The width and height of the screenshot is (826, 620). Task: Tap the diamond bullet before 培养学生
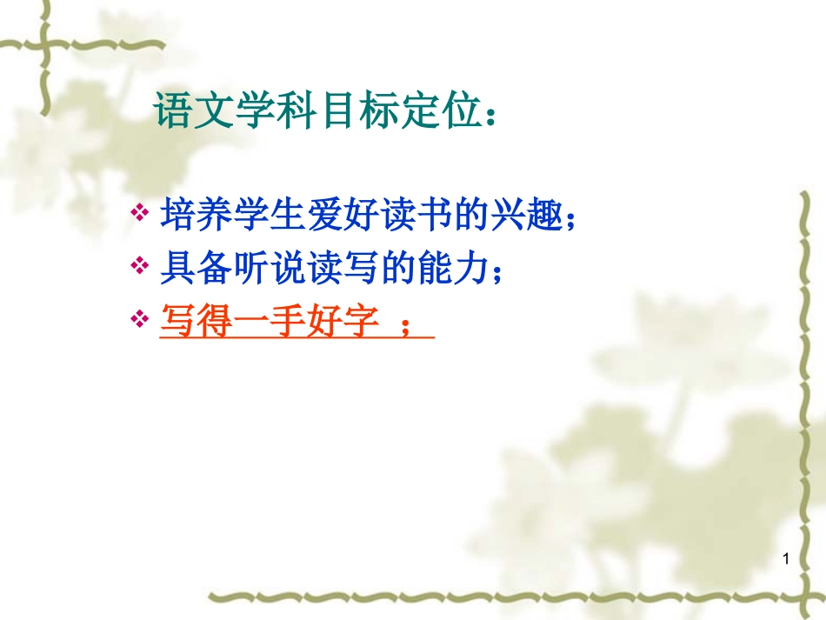click(139, 214)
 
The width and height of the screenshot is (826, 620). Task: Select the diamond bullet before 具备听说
click(139, 268)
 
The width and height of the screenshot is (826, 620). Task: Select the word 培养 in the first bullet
click(190, 215)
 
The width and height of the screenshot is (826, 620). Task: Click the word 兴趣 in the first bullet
click(531, 215)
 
